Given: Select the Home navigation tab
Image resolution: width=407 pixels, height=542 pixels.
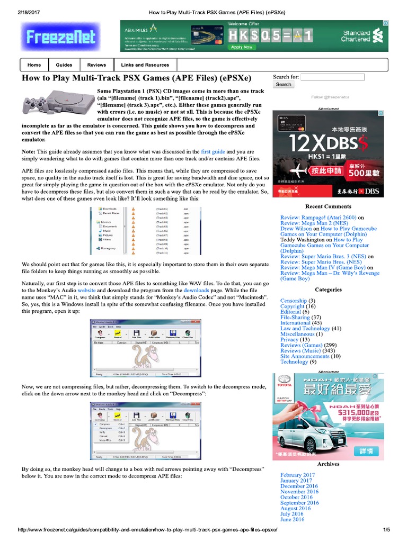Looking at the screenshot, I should pos(34,65).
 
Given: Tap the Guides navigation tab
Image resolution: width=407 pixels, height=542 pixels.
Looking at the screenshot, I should pos(64,65).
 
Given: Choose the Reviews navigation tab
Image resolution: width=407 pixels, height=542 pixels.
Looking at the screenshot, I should pos(96,65).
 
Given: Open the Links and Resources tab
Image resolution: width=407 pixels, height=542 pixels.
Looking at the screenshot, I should pos(145,65).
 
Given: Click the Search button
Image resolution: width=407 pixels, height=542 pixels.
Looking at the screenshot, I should pos(284,85).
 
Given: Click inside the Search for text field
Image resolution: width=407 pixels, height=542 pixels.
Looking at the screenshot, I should pos(332,77).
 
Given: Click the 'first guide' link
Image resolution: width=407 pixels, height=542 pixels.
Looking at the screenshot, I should pos(213,152).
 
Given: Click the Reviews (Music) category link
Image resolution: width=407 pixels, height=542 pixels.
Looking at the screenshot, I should pos(300,350).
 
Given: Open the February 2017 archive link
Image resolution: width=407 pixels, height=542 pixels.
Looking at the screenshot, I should pos(297,475).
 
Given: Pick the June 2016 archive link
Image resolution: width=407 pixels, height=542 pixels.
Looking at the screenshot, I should pos(292,519).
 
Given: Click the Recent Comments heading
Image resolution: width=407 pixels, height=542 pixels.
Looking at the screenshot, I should pos(328,206).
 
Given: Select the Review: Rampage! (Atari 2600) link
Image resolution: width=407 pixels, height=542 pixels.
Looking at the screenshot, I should pos(318,218).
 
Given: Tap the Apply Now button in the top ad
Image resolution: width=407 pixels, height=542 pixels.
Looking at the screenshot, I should pos(242,47).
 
